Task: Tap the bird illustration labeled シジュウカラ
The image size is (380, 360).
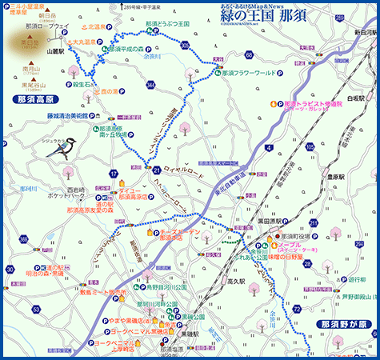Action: (67, 147)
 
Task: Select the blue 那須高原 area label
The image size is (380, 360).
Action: (36, 99)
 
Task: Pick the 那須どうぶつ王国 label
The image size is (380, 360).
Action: (167, 25)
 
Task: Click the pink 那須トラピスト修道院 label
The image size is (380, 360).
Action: (313, 103)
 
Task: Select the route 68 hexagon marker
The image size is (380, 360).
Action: (249, 54)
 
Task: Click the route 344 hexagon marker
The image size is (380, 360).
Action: (151, 84)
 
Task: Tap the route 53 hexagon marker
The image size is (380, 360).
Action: (36, 308)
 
